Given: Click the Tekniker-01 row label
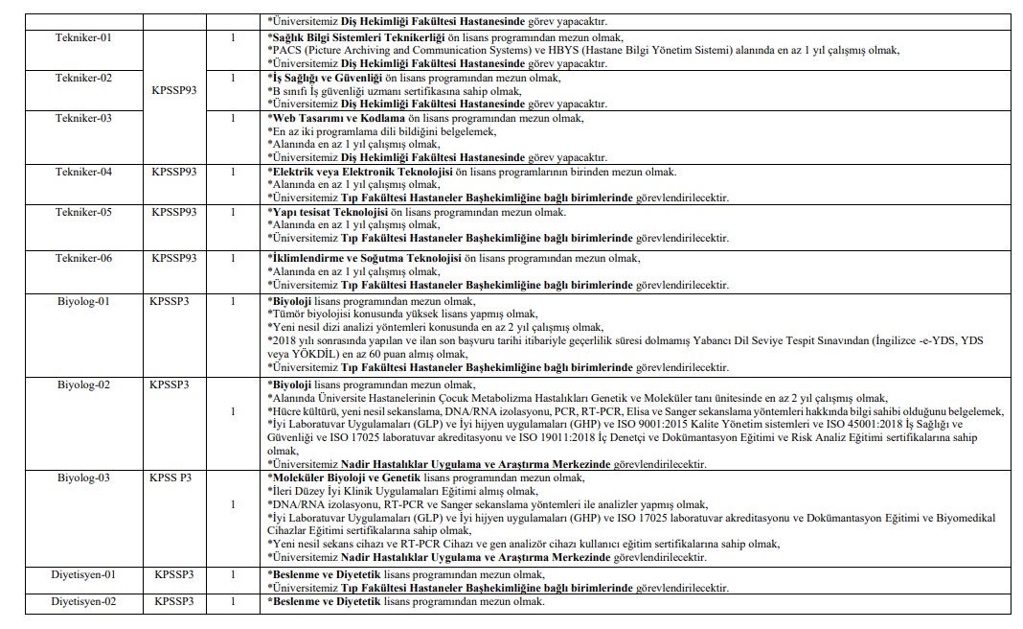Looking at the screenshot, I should coord(83,37).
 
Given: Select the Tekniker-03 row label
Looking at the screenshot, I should coord(83,118).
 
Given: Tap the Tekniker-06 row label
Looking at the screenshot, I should coord(83,258).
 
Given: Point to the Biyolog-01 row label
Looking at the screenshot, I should coord(83,301).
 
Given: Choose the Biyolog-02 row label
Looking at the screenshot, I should coord(83,384).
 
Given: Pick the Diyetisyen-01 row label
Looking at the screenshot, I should coord(83,574).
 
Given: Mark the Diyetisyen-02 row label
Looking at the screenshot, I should coord(83,601).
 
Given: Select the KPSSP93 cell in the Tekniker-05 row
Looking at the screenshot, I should coord(173,212).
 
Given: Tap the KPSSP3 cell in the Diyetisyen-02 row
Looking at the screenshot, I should coord(173,601).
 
